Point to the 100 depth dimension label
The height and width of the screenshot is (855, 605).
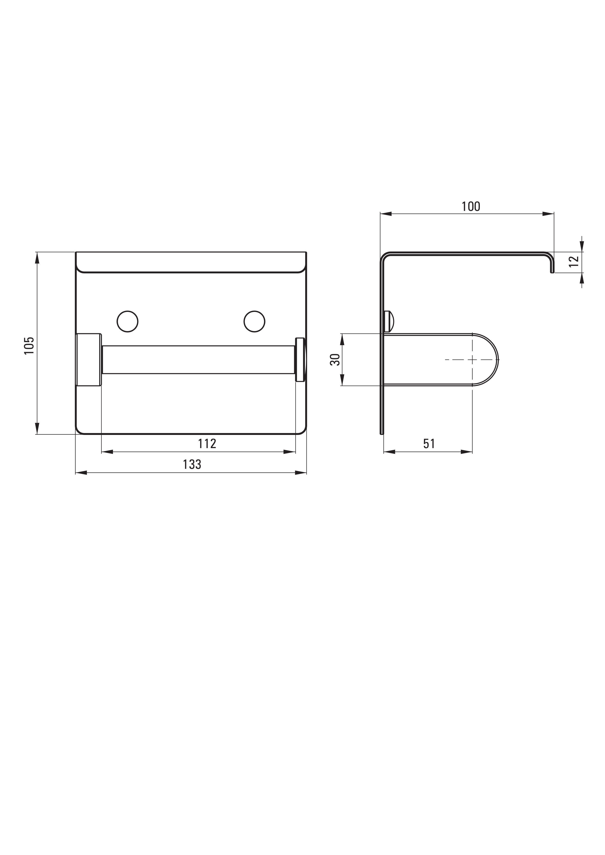pyautogui.click(x=471, y=206)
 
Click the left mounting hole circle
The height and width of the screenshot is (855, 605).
pyautogui.click(x=127, y=321)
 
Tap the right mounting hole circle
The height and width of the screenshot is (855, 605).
pyautogui.click(x=254, y=321)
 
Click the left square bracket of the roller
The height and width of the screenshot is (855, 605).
pyautogui.click(x=89, y=360)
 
